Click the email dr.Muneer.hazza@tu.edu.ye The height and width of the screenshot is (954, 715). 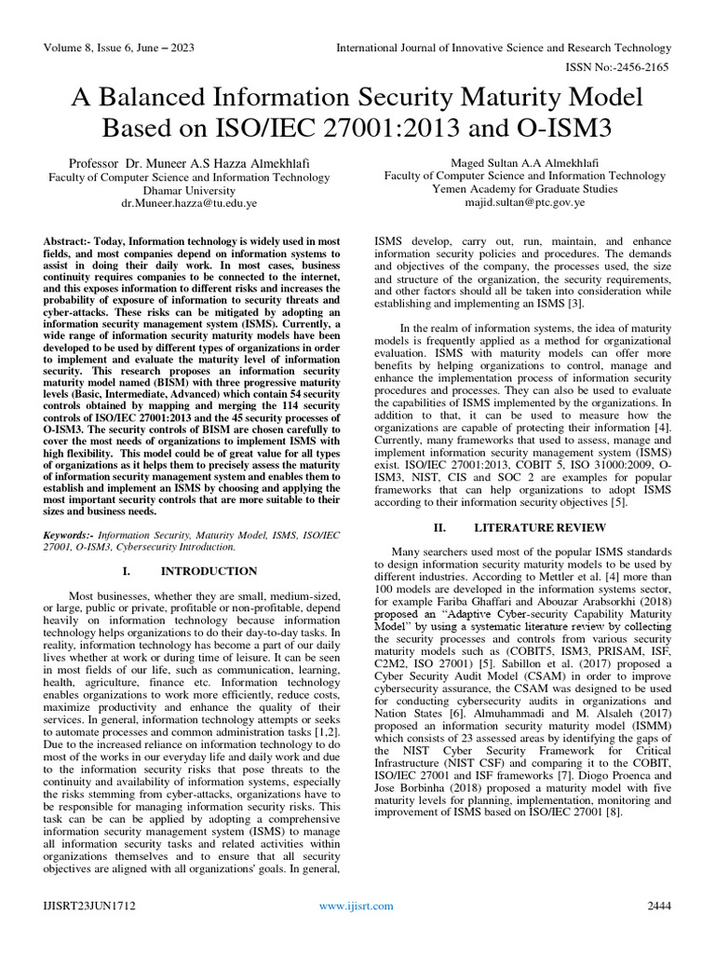pyautogui.click(x=186, y=202)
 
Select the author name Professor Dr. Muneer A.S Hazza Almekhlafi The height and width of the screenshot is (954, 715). pyautogui.click(x=186, y=164)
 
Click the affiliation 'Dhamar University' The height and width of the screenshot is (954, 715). pyautogui.click(x=186, y=189)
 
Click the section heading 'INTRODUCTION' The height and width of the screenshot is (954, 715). pyautogui.click(x=209, y=570)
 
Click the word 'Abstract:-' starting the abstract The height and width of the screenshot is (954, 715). pyautogui.click(x=69, y=241)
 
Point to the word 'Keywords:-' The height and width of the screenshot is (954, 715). pyautogui.click(x=69, y=535)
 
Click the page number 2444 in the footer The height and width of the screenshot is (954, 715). pyautogui.click(x=658, y=906)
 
